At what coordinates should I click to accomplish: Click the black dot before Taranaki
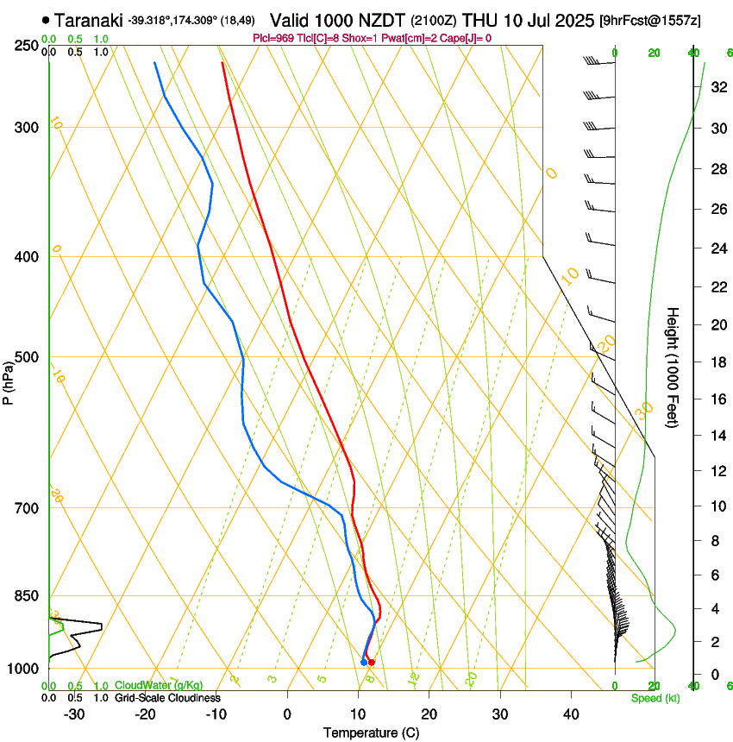[x=46, y=20]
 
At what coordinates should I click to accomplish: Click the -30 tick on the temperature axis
[x=74, y=714]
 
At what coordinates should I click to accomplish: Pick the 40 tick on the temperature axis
[x=571, y=714]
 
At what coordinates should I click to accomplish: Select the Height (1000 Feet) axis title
[x=673, y=367]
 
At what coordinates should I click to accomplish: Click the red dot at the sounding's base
[x=372, y=663]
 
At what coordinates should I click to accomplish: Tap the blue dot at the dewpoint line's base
[x=363, y=663]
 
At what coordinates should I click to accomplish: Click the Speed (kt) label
[x=655, y=698]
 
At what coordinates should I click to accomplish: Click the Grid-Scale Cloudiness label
[x=167, y=698]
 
